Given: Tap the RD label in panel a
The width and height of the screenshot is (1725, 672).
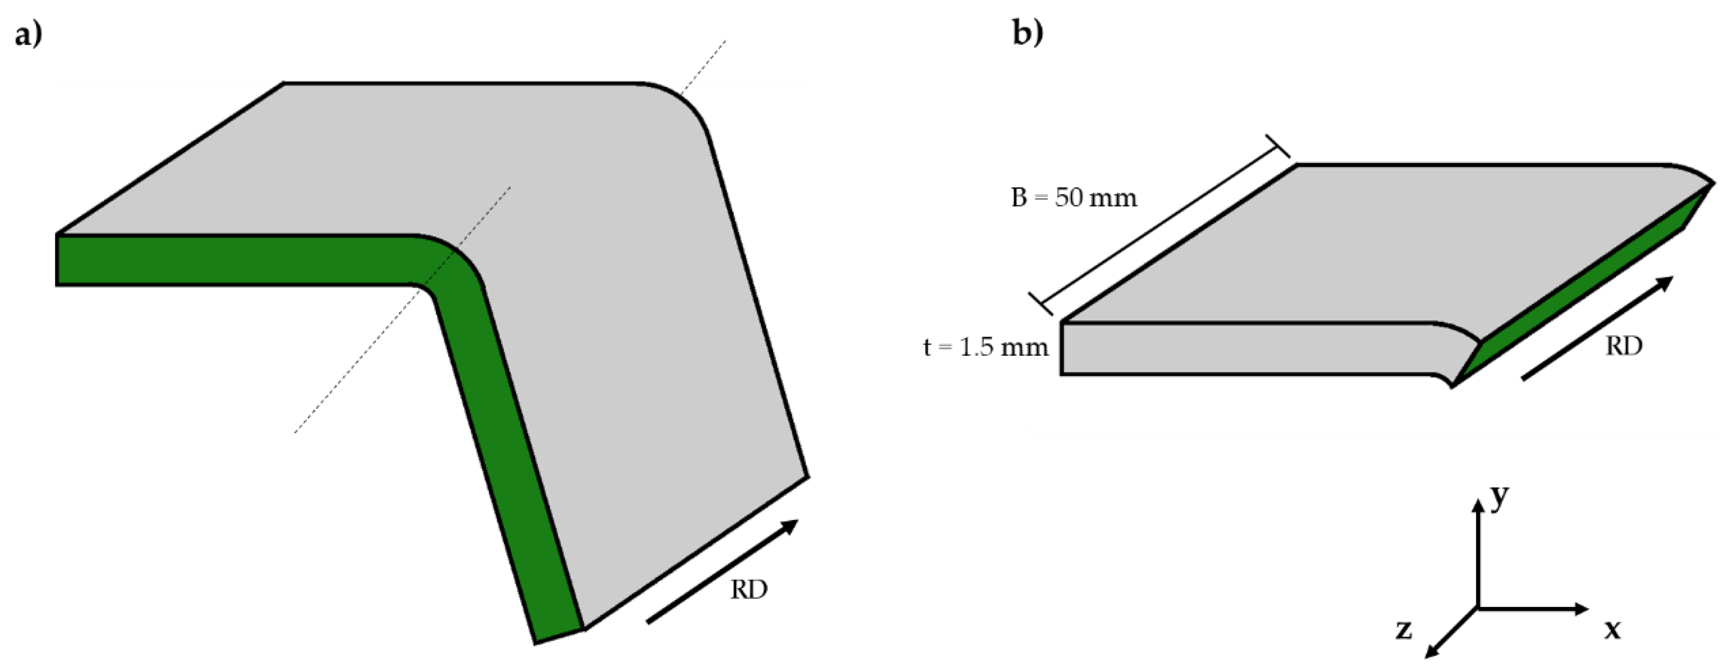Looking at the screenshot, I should (x=749, y=590).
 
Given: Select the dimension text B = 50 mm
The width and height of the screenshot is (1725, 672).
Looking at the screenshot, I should (x=1074, y=198).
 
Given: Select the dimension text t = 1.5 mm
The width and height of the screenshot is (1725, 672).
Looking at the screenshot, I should (x=986, y=347).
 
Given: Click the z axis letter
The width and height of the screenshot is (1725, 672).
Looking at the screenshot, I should (x=1404, y=630).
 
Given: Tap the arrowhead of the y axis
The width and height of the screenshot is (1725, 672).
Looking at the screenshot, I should (x=1478, y=505).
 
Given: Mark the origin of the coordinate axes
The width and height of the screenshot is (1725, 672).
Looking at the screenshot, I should (x=1478, y=609).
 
